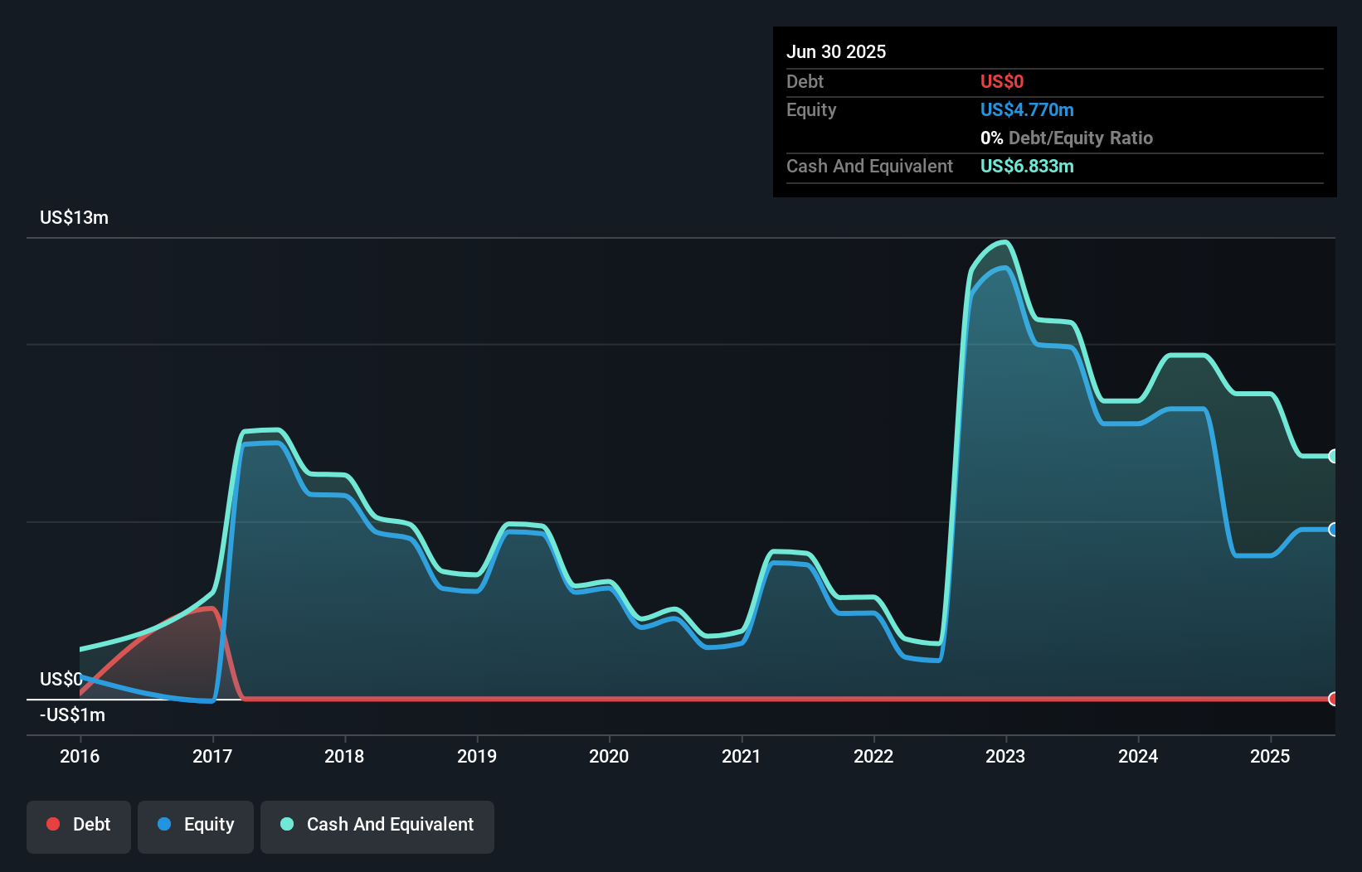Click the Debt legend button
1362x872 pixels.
[x=79, y=825]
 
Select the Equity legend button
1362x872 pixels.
[x=196, y=825]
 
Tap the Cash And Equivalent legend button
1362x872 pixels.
[x=377, y=825]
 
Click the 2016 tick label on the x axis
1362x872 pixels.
[x=80, y=756]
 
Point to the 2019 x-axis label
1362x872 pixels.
[x=477, y=756]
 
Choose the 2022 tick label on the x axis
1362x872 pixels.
[x=873, y=756]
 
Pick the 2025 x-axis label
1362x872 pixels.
[x=1270, y=756]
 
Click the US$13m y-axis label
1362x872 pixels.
[x=74, y=218]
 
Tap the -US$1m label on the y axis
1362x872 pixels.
[x=72, y=715]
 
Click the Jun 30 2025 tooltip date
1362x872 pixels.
[x=836, y=52]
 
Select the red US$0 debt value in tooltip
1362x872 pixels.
[x=1002, y=82]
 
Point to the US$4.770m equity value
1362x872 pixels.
[x=1027, y=110]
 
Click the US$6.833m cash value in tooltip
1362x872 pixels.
[x=1027, y=167]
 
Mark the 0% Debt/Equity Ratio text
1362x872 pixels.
[x=1067, y=138]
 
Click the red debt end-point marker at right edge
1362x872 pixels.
[x=1333, y=699]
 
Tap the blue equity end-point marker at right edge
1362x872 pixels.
[x=1333, y=530]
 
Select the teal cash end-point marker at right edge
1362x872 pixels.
[x=1333, y=456]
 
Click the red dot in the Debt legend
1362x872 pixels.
[x=53, y=824]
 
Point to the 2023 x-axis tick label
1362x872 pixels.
[x=1005, y=756]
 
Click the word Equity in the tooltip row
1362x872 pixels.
[x=811, y=110]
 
